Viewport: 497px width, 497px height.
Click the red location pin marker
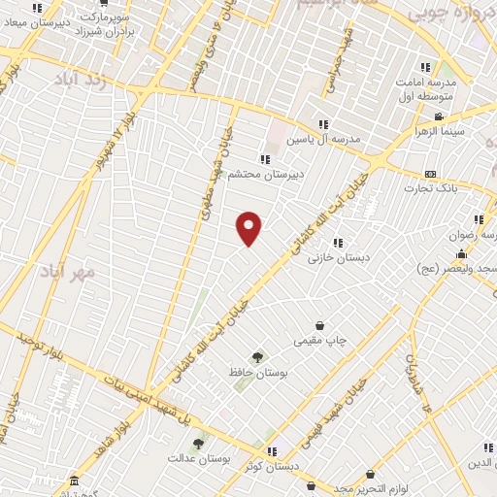pyautogui.click(x=250, y=227)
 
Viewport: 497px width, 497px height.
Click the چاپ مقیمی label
pyautogui.click(x=321, y=342)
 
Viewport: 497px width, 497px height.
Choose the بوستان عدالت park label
pyautogui.click(x=196, y=457)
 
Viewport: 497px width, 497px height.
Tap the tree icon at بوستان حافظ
pyautogui.click(x=257, y=356)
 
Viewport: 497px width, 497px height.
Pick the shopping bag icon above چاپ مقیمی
pyautogui.click(x=319, y=326)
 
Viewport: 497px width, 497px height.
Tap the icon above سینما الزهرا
pyautogui.click(x=439, y=117)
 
